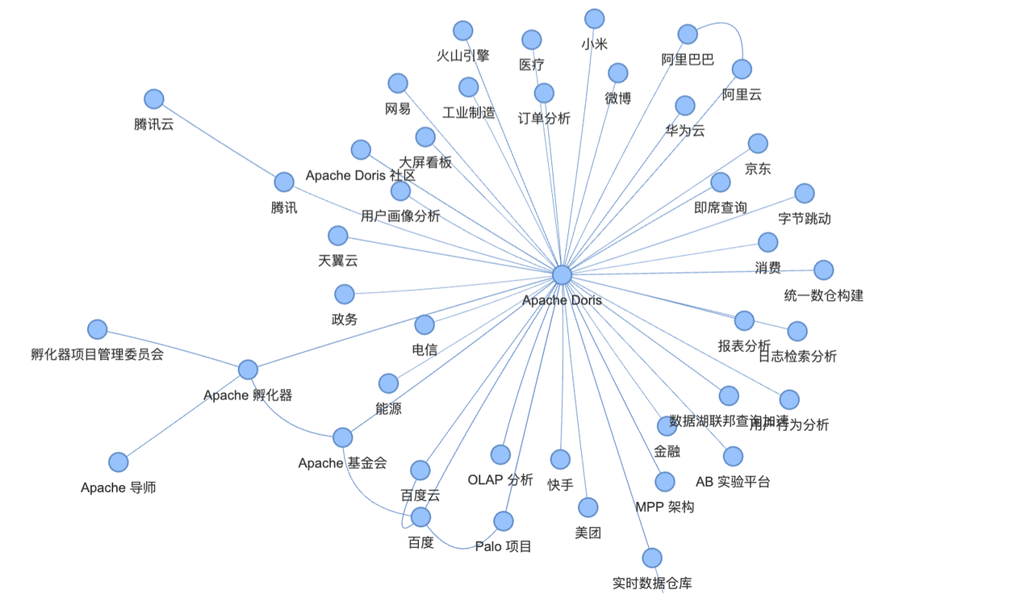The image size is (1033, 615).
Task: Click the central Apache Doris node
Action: click(563, 275)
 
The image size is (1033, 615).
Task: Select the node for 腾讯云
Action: click(154, 99)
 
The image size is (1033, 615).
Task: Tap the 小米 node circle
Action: click(594, 19)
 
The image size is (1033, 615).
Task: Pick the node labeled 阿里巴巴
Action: click(688, 34)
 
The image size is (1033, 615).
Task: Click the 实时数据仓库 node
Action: click(652, 558)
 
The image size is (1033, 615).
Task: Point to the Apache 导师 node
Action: click(119, 462)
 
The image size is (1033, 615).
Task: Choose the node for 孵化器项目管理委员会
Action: click(98, 329)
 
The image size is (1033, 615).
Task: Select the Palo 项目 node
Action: click(504, 521)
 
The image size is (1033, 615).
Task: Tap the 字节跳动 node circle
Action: click(805, 194)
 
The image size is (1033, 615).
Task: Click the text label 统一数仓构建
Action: click(823, 295)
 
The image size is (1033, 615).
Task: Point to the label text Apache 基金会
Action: click(342, 463)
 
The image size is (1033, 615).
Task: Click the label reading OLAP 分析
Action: click(500, 480)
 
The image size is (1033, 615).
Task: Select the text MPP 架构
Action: click(664, 507)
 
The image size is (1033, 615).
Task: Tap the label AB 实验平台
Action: click(733, 482)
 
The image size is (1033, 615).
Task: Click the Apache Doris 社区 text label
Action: click(360, 176)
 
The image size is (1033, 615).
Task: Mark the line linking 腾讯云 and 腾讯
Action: click(219, 140)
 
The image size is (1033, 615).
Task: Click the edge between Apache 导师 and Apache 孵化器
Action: click(183, 416)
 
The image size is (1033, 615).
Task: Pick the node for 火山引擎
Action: click(462, 31)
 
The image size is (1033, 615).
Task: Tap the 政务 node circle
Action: click(345, 294)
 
